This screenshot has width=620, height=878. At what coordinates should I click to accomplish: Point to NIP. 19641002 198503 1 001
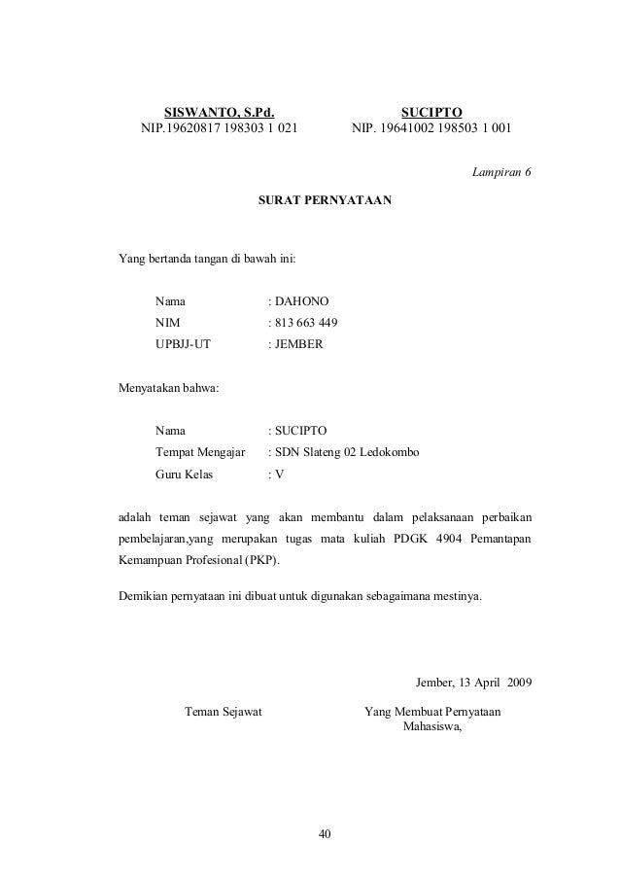tap(434, 127)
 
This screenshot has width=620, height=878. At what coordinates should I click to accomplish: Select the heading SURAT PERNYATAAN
tap(324, 200)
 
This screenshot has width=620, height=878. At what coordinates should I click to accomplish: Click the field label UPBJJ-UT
tap(183, 344)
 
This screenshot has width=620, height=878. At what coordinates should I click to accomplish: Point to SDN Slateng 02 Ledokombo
tap(346, 452)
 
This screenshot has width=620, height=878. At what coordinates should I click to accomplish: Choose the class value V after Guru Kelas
tap(279, 474)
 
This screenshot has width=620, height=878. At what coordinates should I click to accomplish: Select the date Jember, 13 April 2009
tap(472, 680)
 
